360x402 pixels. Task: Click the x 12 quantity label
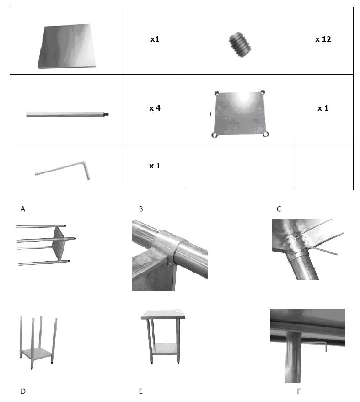coord(323,39)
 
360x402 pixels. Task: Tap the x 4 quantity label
coord(155,108)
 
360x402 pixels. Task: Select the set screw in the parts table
coord(240,45)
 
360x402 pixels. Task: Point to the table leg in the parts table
coord(67,114)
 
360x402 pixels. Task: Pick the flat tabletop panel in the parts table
coord(67,46)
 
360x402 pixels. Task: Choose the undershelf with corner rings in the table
coord(240,113)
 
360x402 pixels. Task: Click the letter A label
coord(23,209)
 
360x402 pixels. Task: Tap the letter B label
coord(141,209)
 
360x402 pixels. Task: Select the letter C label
coord(279,209)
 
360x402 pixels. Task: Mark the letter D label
coord(23,391)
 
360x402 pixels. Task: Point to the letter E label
coord(140,391)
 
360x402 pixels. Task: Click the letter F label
coord(298,391)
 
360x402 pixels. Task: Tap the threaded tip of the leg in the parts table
coord(106,114)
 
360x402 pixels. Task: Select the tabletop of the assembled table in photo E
coord(163,315)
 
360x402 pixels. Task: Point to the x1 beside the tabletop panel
coord(155,39)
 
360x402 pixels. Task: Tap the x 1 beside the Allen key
coord(155,166)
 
